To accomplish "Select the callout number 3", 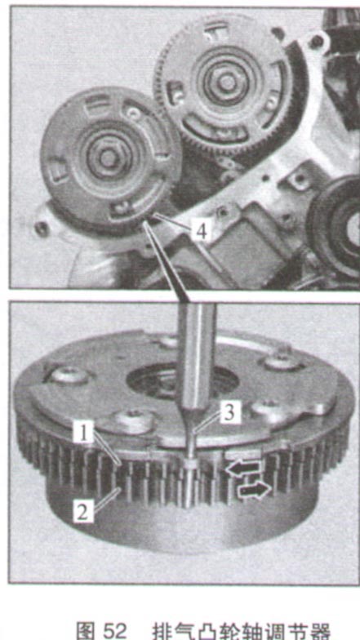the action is point(229,414).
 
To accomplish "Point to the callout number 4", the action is point(201,232).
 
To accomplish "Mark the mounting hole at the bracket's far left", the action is point(41,229).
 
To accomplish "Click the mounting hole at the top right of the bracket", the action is point(315,40).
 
